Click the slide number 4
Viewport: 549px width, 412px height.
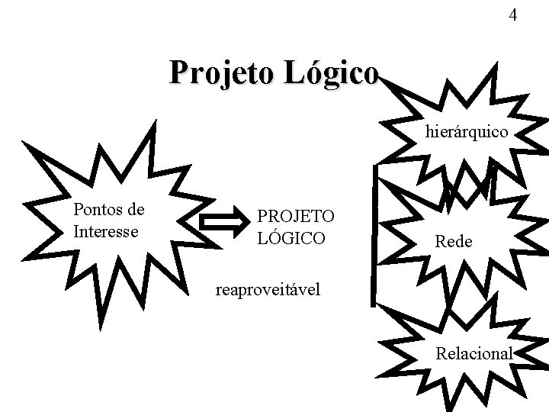coord(512,15)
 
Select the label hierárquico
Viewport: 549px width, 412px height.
coord(467,132)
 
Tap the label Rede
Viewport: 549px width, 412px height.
coord(454,241)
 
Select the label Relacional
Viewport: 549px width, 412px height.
coord(474,353)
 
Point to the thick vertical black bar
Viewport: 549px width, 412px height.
coord(374,237)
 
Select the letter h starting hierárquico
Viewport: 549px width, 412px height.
coord(429,132)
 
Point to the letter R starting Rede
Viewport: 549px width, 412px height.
coord(439,241)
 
